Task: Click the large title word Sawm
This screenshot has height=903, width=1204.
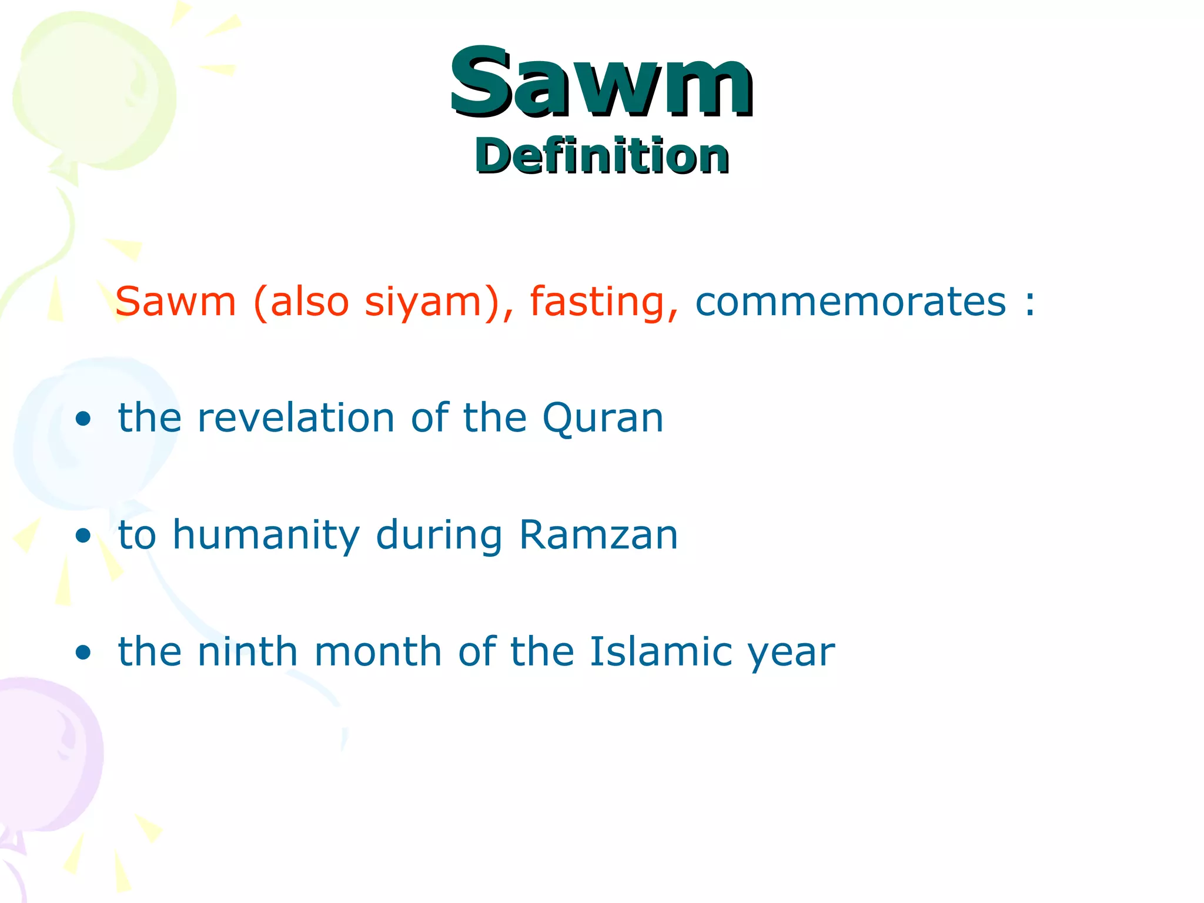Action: (601, 82)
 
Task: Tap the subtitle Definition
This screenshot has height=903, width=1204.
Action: (602, 156)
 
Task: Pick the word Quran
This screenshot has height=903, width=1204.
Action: (603, 419)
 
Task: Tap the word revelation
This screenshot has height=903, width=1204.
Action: (296, 418)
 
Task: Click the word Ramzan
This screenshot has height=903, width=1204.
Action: (598, 535)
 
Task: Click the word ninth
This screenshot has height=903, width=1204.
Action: (248, 651)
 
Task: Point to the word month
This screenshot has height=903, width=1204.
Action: (378, 651)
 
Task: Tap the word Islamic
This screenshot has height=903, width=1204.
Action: (661, 651)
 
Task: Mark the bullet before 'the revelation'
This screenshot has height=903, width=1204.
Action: (83, 419)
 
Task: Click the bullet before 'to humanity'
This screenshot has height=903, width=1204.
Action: (83, 536)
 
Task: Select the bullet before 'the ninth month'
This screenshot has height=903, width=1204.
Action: (83, 652)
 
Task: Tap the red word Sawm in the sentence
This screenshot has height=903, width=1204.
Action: (176, 302)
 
